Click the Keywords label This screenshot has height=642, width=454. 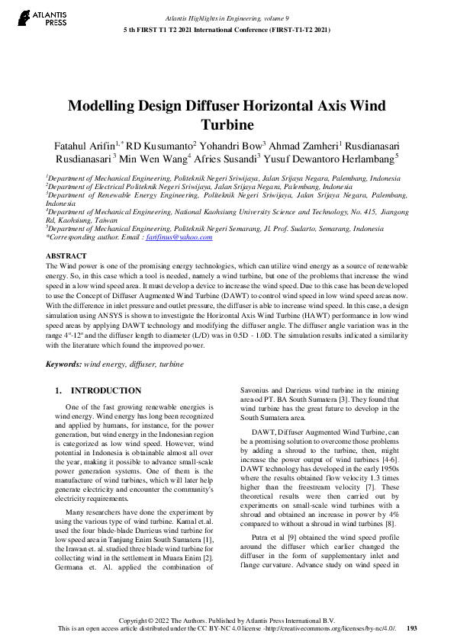point(63,364)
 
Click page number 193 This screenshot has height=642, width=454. point(412,628)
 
